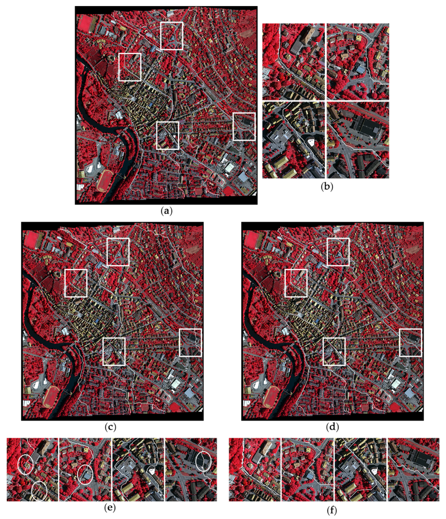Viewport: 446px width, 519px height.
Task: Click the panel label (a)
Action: pyautogui.click(x=166, y=211)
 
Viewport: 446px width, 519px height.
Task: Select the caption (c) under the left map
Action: pyautogui.click(x=110, y=427)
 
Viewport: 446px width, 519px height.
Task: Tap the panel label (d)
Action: pyautogui.click(x=332, y=427)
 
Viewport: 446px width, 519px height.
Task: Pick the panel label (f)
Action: pyautogui.click(x=332, y=511)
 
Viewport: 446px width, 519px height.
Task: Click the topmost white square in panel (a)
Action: pyautogui.click(x=172, y=36)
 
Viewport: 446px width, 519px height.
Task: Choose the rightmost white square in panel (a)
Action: pyautogui.click(x=244, y=126)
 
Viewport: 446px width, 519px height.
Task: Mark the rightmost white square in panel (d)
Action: pyautogui.click(x=410, y=342)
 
